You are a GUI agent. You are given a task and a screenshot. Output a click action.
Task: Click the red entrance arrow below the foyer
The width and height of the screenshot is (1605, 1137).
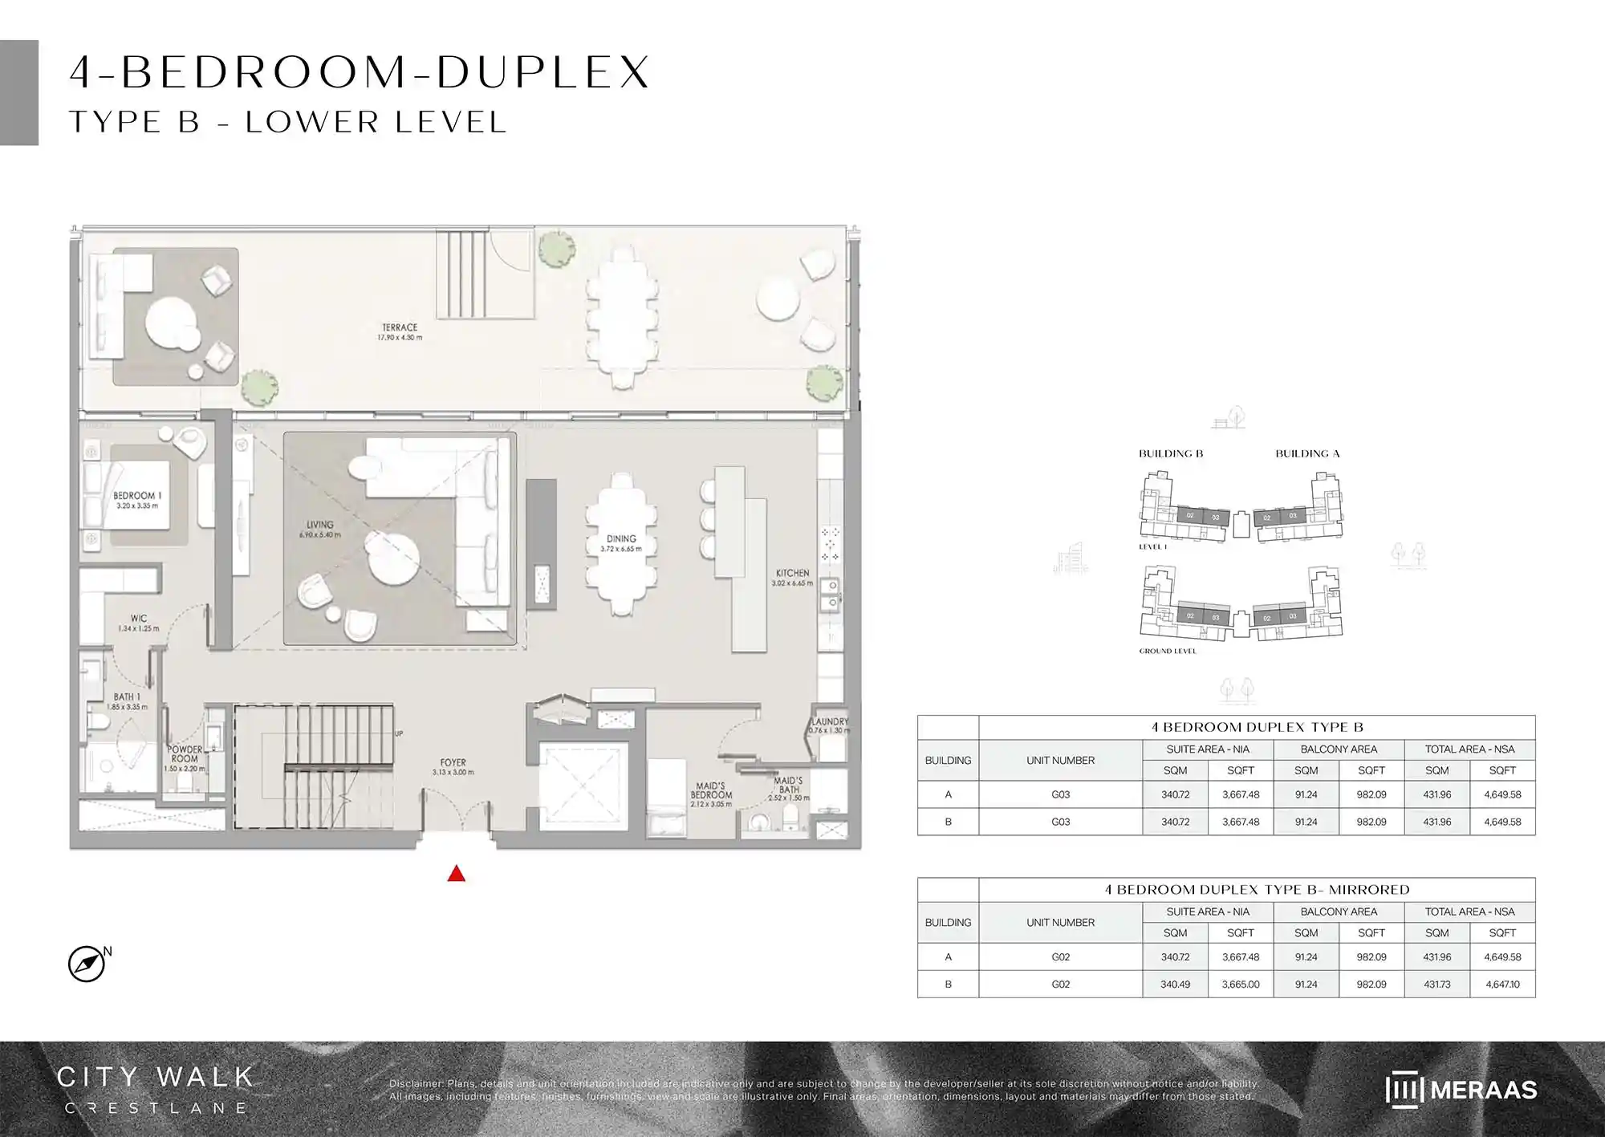(456, 874)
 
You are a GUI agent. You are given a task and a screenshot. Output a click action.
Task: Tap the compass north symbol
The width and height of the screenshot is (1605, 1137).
(87, 964)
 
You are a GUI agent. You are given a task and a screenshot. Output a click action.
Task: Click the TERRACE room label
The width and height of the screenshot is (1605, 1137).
(400, 328)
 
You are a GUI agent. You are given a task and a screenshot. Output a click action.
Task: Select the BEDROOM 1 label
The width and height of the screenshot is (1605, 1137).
(137, 496)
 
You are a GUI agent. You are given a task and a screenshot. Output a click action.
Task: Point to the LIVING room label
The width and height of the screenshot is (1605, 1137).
(319, 525)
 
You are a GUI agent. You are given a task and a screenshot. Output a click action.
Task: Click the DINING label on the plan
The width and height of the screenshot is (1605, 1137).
(621, 539)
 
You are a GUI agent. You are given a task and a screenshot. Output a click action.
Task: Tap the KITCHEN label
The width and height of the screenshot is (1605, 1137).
(792, 573)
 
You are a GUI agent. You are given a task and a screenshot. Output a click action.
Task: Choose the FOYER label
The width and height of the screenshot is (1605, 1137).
(453, 763)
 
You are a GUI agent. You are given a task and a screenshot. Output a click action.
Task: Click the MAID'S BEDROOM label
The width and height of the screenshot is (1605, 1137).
(711, 791)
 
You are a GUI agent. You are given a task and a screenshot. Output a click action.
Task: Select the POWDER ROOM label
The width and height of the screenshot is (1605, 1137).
(185, 754)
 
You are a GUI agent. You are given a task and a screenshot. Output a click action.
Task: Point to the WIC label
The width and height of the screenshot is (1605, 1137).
(139, 619)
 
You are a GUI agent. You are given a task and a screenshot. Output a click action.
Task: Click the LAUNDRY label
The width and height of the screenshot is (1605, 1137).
(830, 721)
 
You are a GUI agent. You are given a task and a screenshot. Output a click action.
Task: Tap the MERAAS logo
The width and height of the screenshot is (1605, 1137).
(1461, 1090)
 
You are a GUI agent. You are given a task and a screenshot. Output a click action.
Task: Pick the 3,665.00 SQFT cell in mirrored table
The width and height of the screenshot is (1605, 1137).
(1241, 985)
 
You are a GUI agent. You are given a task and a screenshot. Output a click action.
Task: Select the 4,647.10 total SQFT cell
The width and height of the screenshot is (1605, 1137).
(1502, 985)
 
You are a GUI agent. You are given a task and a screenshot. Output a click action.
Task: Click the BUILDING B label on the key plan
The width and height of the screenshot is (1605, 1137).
(1171, 453)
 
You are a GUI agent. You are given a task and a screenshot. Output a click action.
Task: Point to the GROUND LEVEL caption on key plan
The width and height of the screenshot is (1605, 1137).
(1168, 651)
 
